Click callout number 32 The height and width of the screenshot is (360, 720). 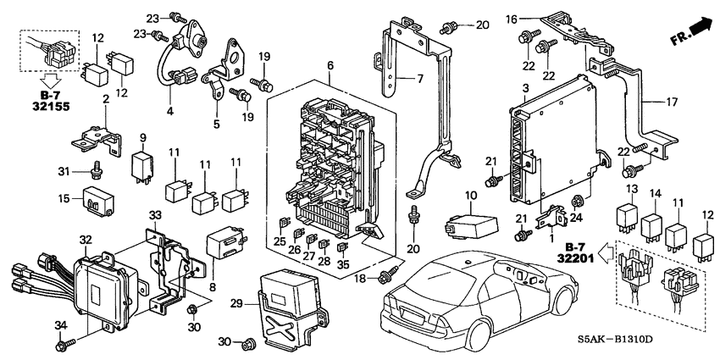tap(86, 239)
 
